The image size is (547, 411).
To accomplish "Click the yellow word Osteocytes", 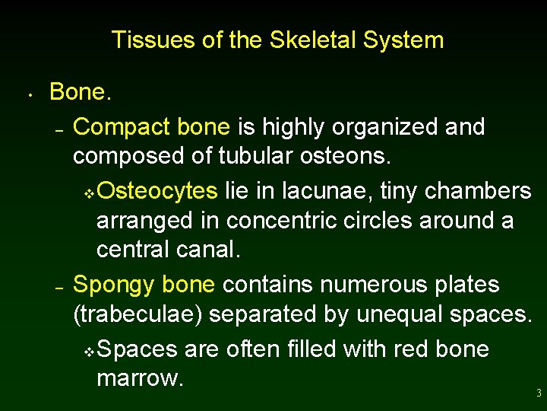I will click(157, 190).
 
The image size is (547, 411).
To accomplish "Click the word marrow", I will click(140, 378).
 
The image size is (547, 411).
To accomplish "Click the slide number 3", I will click(538, 393).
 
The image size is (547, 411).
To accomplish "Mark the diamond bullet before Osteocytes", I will click(88, 193).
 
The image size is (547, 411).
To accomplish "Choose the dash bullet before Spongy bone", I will click(59, 288).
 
